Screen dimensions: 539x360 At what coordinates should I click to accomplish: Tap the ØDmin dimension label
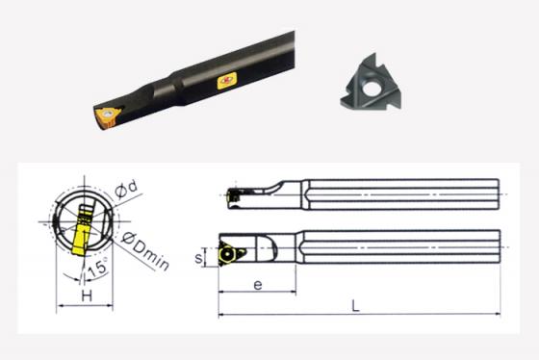click(145, 251)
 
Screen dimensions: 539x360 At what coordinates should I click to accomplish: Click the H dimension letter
click(87, 296)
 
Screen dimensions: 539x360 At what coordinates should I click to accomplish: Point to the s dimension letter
click(198, 258)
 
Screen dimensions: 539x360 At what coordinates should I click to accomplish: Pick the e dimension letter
click(258, 284)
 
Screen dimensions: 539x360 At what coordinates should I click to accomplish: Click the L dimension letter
click(356, 306)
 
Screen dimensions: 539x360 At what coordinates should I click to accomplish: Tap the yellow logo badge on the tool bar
click(227, 81)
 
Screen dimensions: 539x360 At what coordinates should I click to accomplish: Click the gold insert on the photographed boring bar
click(107, 117)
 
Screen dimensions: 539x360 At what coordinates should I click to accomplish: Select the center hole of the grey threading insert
click(371, 87)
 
